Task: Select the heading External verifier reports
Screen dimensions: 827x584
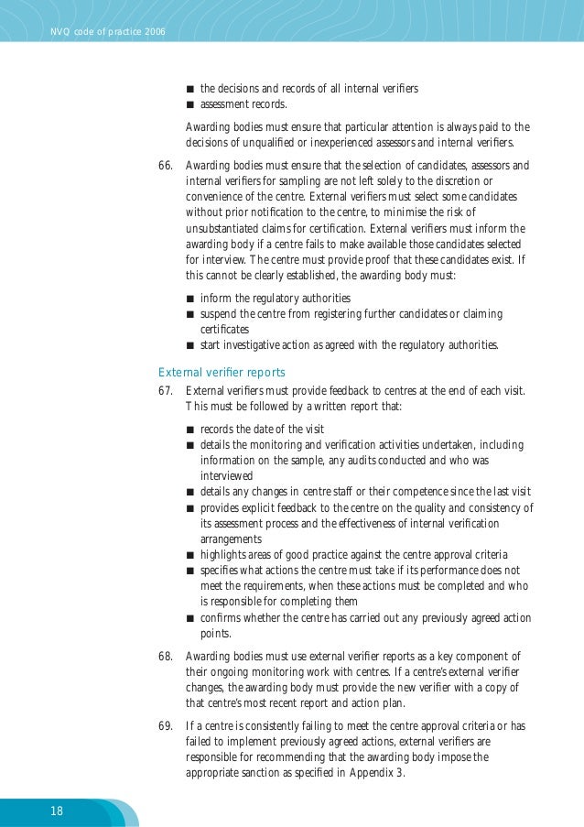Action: coord(222,372)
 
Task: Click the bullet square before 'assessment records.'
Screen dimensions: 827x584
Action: coord(189,105)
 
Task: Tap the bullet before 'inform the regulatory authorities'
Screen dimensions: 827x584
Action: coord(189,299)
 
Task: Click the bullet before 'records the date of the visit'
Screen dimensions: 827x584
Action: coord(189,430)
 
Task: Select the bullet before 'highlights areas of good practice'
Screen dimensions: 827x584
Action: coord(189,556)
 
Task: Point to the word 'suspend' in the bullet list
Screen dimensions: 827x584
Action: coord(220,314)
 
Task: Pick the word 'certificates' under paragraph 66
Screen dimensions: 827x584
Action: coord(225,329)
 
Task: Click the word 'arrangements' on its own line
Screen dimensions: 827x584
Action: coord(233,539)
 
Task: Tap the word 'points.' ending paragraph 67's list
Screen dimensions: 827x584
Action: coord(216,633)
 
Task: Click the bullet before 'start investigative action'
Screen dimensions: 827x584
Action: coord(189,346)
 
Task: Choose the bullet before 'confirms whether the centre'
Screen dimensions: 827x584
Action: coord(189,618)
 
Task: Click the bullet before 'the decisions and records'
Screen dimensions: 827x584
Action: coord(189,90)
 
